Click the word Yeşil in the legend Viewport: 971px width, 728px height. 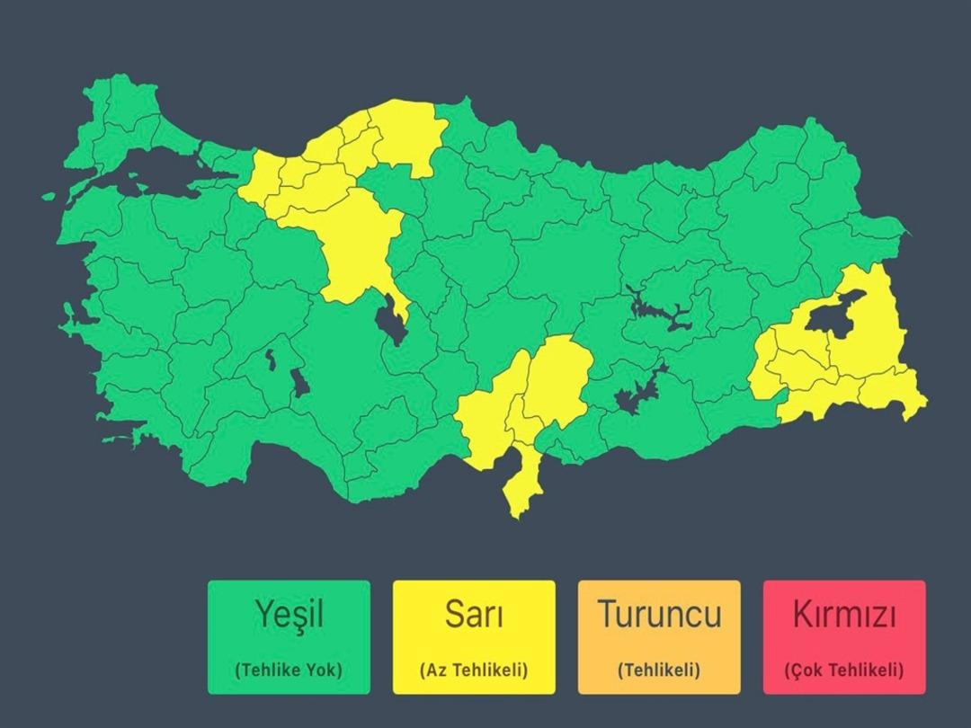coord(289,615)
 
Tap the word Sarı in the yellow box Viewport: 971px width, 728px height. coord(474,615)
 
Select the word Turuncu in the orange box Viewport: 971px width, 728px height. coord(659,615)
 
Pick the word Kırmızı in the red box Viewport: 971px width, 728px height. coord(844,615)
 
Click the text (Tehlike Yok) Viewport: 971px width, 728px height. coord(289,670)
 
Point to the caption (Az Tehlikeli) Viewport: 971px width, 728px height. coord(474,670)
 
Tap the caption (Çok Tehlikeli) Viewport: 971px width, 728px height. coord(844,670)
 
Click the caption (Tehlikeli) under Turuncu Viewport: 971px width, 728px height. coord(659,670)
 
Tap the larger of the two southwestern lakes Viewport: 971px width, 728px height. coord(299,382)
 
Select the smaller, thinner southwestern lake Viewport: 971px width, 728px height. coord(269,360)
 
